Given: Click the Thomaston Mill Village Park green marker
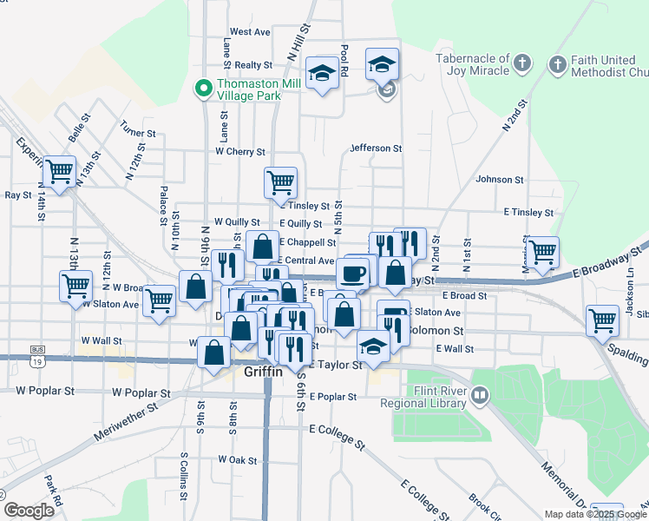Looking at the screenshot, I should click(x=204, y=87).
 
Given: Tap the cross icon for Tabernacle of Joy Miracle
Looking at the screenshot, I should click(x=521, y=63).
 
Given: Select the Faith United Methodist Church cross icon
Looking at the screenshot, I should click(x=557, y=63).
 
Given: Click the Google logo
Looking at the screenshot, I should click(x=29, y=511).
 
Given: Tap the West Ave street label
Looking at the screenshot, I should click(x=250, y=32).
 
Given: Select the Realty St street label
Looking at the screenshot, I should click(x=253, y=65).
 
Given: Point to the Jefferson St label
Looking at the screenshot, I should click(x=376, y=148).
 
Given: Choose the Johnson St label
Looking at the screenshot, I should click(x=500, y=180).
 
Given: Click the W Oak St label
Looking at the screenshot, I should click(x=238, y=458).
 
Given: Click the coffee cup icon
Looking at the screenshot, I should click(x=352, y=274).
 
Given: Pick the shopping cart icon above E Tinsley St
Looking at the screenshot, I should click(x=280, y=182).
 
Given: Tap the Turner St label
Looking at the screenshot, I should click(x=138, y=134).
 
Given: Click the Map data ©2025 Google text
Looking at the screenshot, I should click(x=595, y=513).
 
